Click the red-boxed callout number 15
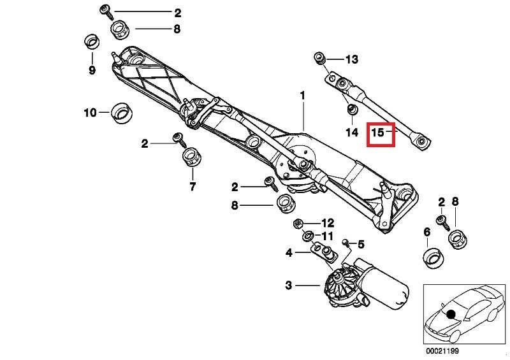(x=378, y=133)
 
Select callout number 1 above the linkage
(x=303, y=96)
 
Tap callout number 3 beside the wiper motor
(x=288, y=285)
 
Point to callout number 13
(x=352, y=59)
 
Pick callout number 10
(x=90, y=113)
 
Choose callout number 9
(x=92, y=70)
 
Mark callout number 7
(x=192, y=187)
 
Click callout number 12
(x=327, y=223)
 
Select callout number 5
(x=360, y=243)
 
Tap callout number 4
(x=289, y=253)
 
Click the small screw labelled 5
(x=344, y=243)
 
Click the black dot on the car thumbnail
(x=452, y=313)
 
